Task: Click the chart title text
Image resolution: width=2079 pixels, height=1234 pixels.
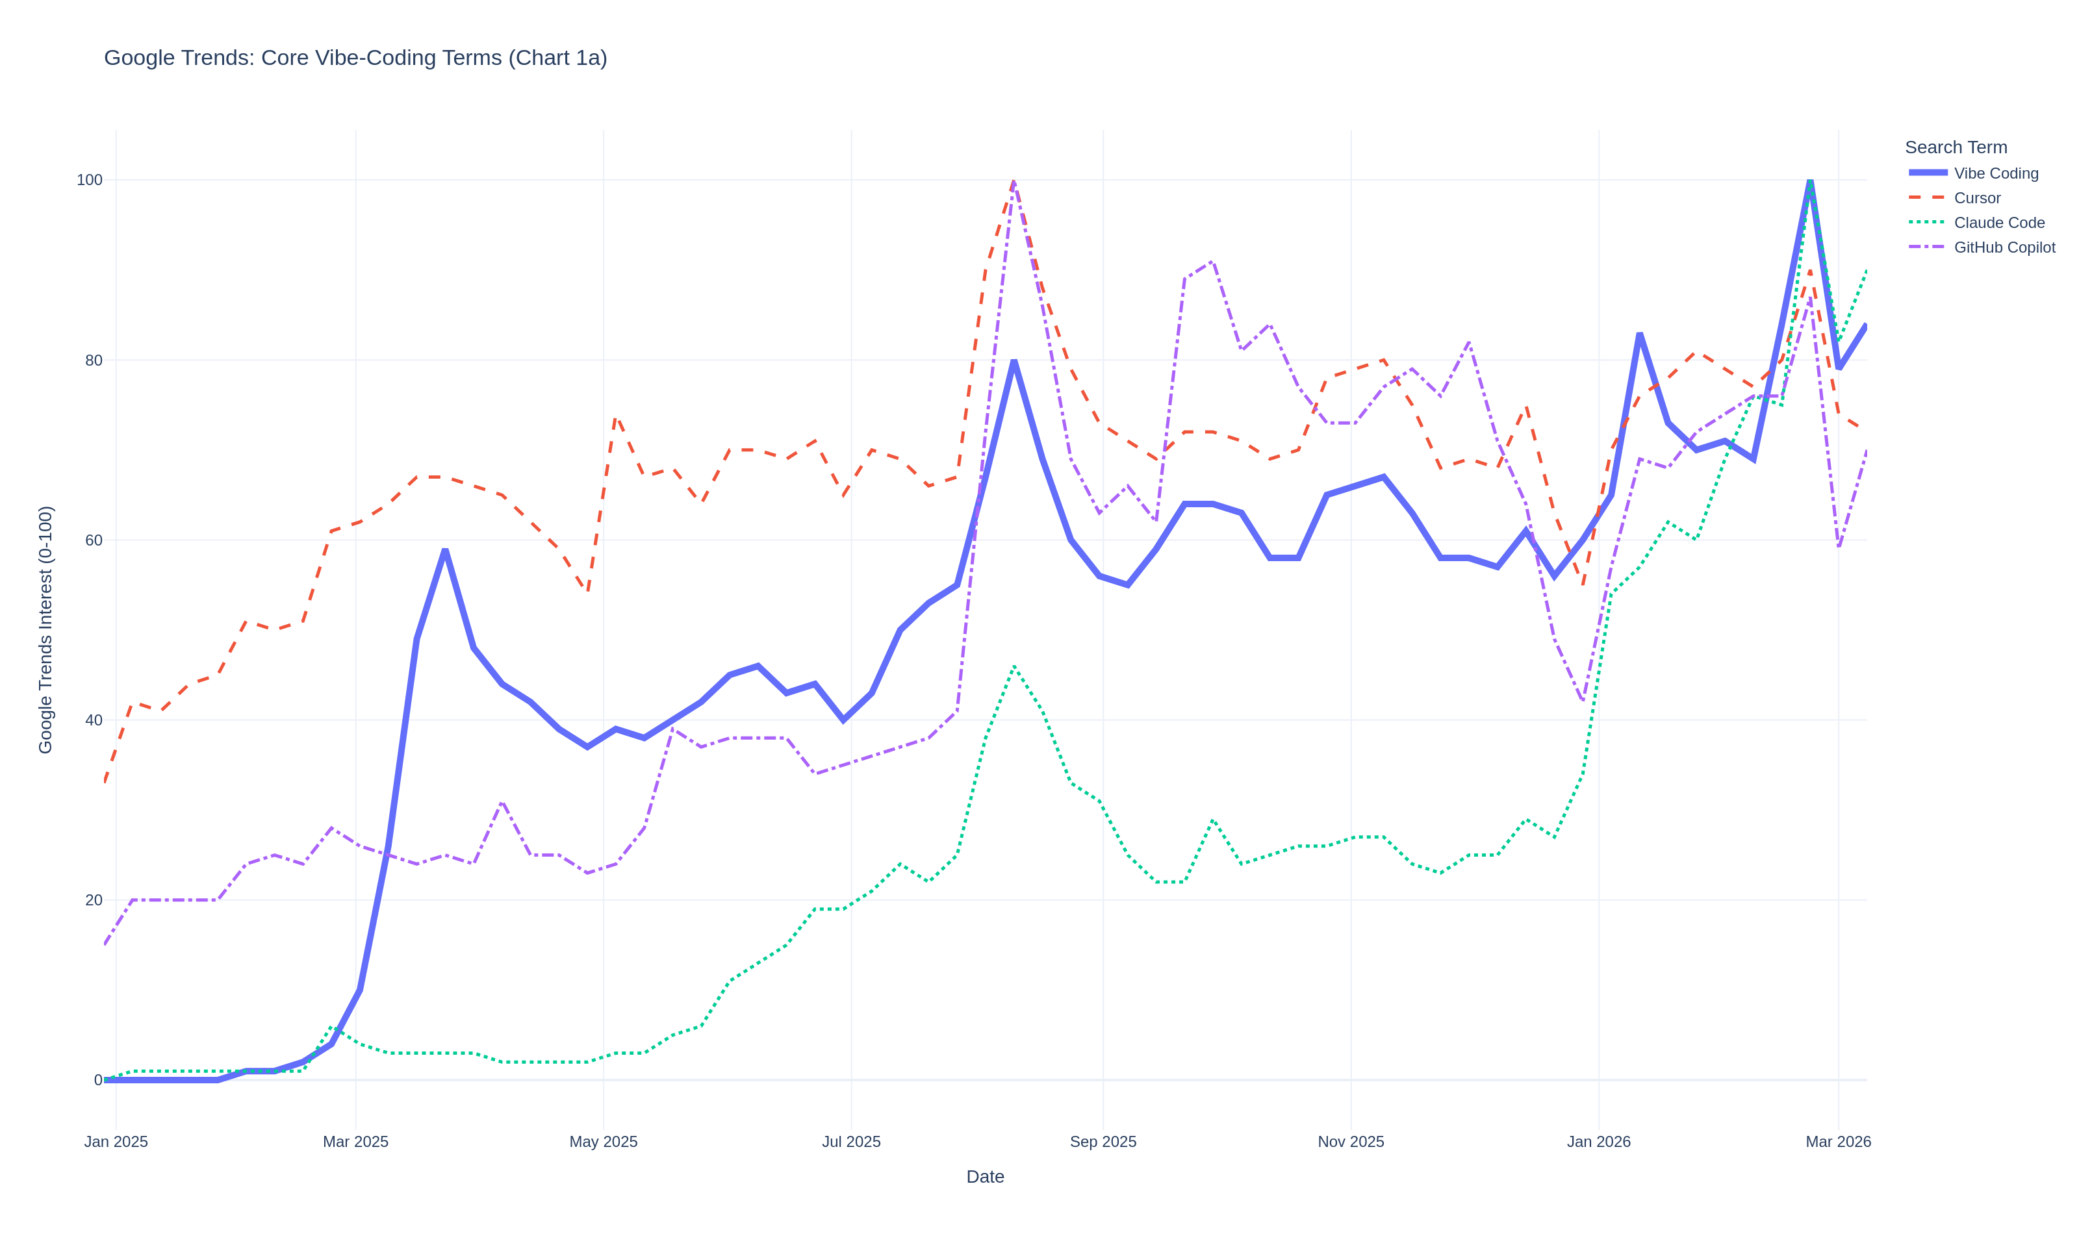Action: click(355, 58)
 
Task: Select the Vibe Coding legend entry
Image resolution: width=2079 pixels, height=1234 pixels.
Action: click(1995, 174)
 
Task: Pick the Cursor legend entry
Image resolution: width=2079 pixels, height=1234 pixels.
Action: click(1977, 198)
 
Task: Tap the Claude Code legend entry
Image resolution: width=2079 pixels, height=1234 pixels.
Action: click(1998, 223)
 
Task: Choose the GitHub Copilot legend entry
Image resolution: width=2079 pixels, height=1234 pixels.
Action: click(2004, 248)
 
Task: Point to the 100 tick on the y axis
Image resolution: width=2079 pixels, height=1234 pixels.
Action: click(90, 181)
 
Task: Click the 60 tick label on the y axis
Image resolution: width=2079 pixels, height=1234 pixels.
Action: click(93, 540)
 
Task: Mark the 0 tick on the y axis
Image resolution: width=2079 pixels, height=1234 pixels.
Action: click(98, 1080)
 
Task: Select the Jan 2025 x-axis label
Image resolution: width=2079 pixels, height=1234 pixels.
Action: click(116, 1142)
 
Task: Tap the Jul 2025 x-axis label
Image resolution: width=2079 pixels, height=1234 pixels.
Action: click(850, 1142)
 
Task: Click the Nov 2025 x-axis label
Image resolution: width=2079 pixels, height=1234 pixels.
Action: click(1351, 1142)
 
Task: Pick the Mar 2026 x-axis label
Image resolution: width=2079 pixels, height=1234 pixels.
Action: click(1838, 1142)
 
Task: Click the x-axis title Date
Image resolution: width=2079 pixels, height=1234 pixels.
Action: click(985, 1177)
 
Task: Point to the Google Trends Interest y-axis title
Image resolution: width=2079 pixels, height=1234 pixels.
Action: click(45, 629)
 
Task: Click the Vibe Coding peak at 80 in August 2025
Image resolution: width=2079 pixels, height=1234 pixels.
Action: click(1014, 361)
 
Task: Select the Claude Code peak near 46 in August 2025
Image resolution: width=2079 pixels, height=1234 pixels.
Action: click(1014, 666)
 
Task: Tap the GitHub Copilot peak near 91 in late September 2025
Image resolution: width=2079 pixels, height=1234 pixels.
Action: click(1212, 262)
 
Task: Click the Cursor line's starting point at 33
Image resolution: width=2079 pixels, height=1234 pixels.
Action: click(105, 783)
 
